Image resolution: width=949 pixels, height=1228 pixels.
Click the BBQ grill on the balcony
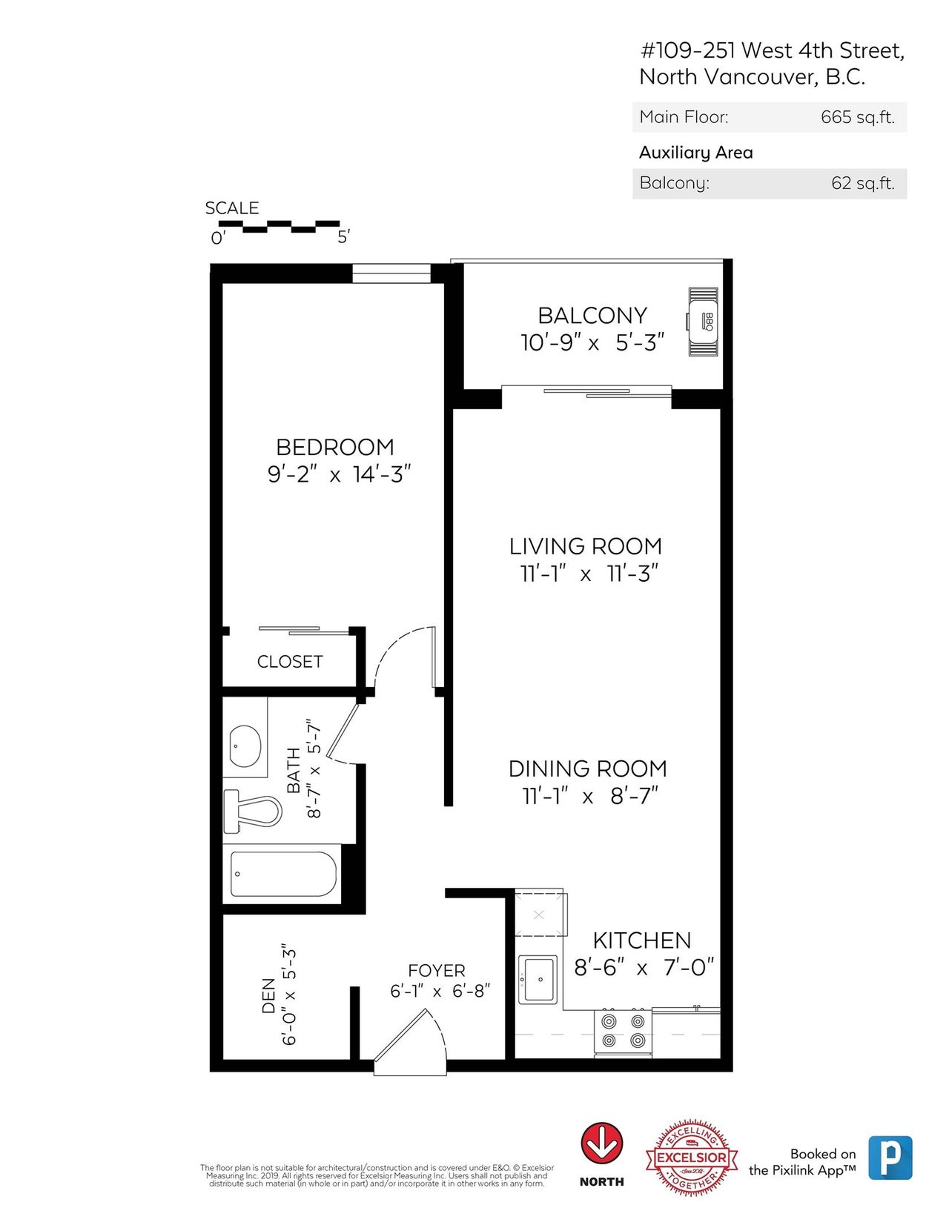click(x=703, y=322)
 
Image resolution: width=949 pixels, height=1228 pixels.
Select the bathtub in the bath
click(x=284, y=874)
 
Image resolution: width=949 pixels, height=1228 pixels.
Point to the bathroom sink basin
click(x=245, y=746)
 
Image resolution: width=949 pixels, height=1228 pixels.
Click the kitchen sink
click(x=538, y=979)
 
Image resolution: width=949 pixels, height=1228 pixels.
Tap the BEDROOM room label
click(x=334, y=448)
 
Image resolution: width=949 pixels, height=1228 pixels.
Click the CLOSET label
click(x=289, y=661)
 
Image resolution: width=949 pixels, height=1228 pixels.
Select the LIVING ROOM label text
click(x=586, y=546)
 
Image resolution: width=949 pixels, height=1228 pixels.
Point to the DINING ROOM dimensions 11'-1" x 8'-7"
click(x=590, y=796)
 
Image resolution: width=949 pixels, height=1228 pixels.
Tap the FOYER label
click(x=437, y=970)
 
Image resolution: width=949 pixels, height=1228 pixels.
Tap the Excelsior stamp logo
click(x=692, y=1156)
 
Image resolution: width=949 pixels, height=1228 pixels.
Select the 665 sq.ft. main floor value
click(x=857, y=117)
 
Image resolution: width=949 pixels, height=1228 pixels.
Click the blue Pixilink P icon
click(x=890, y=1158)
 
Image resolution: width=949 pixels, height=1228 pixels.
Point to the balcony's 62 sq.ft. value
click(x=862, y=183)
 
